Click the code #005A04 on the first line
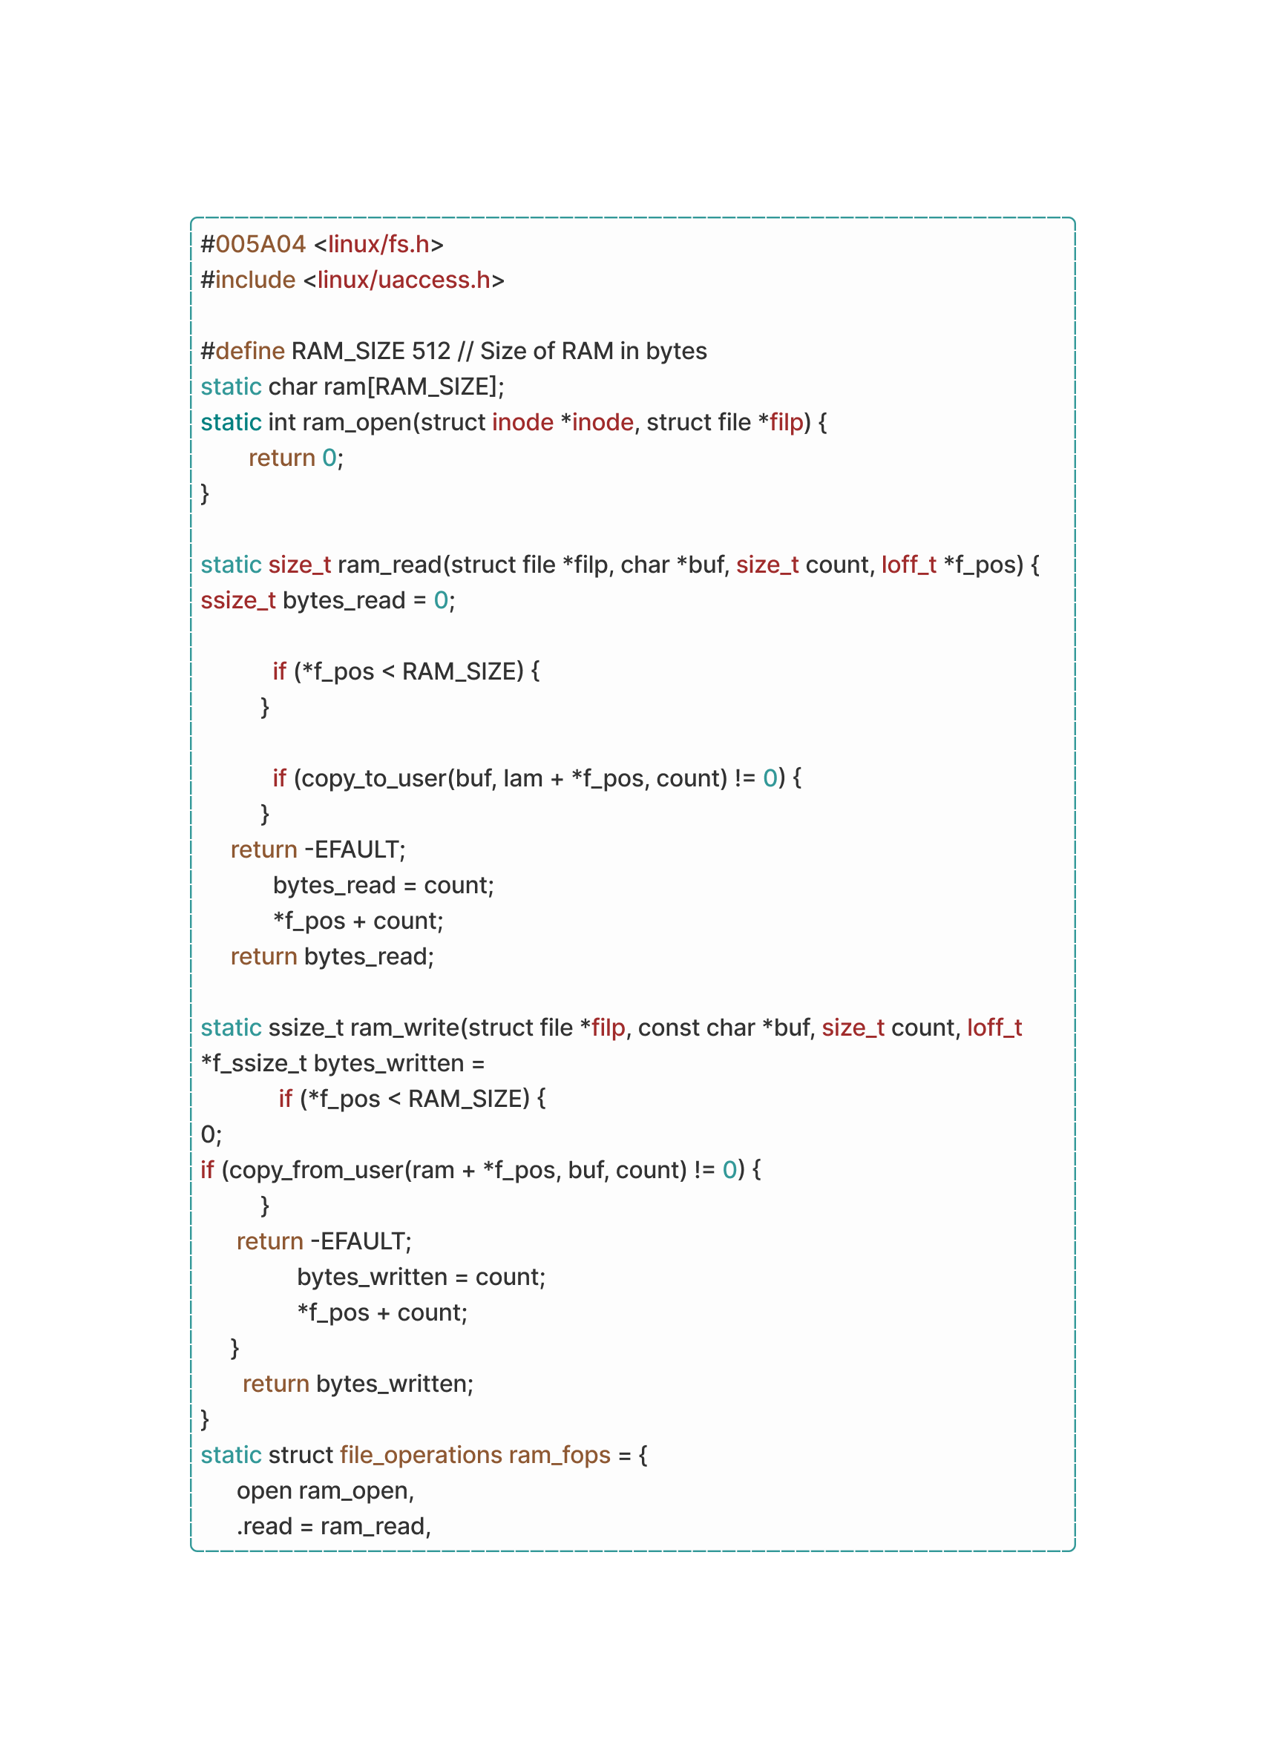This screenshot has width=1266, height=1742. click(254, 244)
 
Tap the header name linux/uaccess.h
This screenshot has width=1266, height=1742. click(404, 280)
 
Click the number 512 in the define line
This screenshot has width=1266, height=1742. click(431, 351)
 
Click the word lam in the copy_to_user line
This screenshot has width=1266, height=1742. click(523, 778)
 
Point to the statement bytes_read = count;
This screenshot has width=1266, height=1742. click(384, 886)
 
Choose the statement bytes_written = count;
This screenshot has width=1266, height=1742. click(421, 1278)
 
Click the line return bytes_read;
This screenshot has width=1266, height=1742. click(332, 957)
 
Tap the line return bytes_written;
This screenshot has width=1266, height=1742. click(358, 1384)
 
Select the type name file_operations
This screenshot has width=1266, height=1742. click(421, 1456)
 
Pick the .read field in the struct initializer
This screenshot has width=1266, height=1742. click(264, 1526)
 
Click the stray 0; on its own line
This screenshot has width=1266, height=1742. click(211, 1134)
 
